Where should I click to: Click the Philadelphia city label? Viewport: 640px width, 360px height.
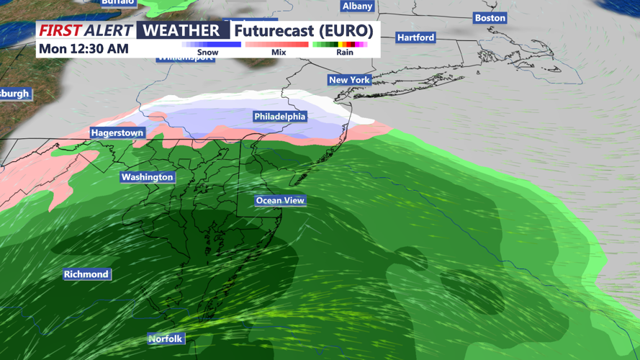(x=279, y=117)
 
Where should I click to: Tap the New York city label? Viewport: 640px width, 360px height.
(x=349, y=80)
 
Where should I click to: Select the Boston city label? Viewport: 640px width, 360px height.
(x=490, y=18)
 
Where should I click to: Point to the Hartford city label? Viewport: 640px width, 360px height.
(x=415, y=37)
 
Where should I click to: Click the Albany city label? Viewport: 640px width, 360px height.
(x=357, y=6)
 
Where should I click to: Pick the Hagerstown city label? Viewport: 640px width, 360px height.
(x=117, y=133)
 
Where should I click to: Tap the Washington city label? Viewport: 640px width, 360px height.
(x=147, y=177)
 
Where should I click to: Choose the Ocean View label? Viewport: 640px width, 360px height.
(x=280, y=201)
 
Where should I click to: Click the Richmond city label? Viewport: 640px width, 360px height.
(x=86, y=274)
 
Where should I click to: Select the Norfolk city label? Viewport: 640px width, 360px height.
(x=166, y=339)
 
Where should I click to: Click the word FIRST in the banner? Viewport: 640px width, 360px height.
(x=59, y=30)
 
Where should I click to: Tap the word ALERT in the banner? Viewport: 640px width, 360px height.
(x=109, y=30)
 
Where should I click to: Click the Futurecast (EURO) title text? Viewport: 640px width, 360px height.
(x=304, y=31)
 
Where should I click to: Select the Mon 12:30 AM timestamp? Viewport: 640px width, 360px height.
(x=84, y=49)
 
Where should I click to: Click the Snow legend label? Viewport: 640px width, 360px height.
(x=207, y=53)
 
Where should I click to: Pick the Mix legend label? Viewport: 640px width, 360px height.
(x=279, y=53)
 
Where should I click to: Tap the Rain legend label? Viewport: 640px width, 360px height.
(x=345, y=53)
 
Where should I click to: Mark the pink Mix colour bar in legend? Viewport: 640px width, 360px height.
(x=277, y=45)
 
